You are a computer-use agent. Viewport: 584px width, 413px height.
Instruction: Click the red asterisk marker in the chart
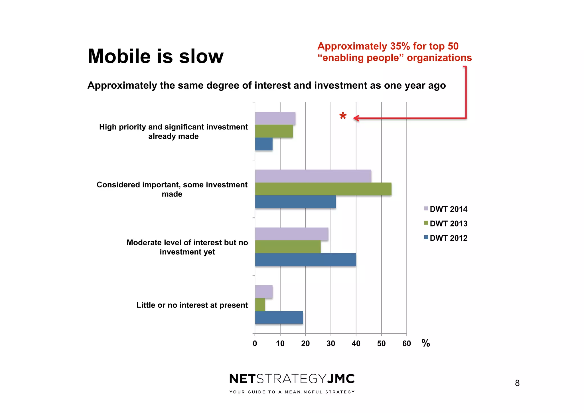(x=343, y=116)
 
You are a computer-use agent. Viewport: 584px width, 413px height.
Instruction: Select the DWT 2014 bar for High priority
(x=275, y=118)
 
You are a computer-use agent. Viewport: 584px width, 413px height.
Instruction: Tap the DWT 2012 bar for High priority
(x=263, y=144)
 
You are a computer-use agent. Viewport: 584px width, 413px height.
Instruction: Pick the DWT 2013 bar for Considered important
(x=323, y=189)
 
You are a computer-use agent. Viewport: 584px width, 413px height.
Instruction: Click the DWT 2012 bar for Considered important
(x=295, y=202)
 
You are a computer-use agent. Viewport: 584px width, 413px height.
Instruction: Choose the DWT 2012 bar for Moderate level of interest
(x=305, y=260)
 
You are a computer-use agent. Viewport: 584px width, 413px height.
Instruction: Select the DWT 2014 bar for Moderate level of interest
(x=291, y=234)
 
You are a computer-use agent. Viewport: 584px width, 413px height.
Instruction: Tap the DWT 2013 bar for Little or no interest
(x=260, y=305)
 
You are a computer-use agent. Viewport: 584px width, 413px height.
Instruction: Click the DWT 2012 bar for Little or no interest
(x=279, y=317)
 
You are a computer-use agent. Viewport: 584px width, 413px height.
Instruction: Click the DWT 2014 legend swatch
(x=426, y=208)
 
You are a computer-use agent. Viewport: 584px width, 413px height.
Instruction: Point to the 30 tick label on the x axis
(x=330, y=343)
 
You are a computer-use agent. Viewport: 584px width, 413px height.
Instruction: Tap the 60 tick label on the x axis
(x=406, y=343)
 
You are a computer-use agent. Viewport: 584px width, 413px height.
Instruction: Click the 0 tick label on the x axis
(x=255, y=343)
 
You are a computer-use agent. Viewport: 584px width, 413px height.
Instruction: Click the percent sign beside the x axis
(x=425, y=343)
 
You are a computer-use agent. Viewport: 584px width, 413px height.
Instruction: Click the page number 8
(x=517, y=383)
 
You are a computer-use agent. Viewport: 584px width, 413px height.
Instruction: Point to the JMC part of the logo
(x=340, y=379)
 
